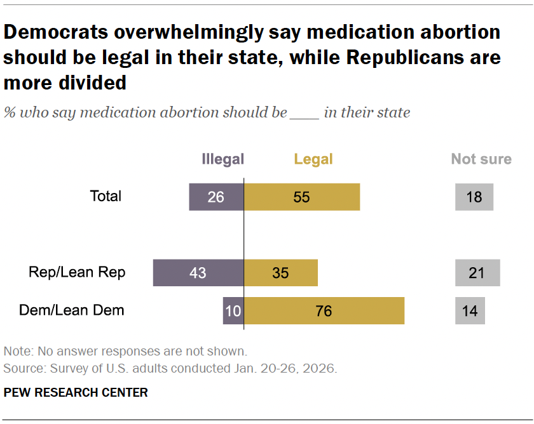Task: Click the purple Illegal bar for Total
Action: (x=216, y=197)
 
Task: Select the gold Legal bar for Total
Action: (x=302, y=197)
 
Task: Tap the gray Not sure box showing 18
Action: (x=474, y=197)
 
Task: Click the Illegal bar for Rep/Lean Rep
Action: (x=198, y=273)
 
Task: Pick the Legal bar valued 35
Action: (x=280, y=273)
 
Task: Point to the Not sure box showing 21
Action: (x=477, y=273)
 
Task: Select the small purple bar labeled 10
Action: (x=233, y=311)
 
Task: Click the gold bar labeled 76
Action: (x=324, y=311)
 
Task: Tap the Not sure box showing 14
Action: (x=470, y=311)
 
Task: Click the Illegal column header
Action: (x=222, y=159)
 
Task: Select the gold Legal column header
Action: (x=313, y=159)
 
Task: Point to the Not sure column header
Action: (x=481, y=159)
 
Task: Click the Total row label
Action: (x=106, y=196)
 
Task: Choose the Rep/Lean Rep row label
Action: (x=77, y=272)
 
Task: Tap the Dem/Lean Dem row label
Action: (x=72, y=310)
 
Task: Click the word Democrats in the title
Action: (x=55, y=32)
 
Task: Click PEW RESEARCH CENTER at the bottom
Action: (x=76, y=393)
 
